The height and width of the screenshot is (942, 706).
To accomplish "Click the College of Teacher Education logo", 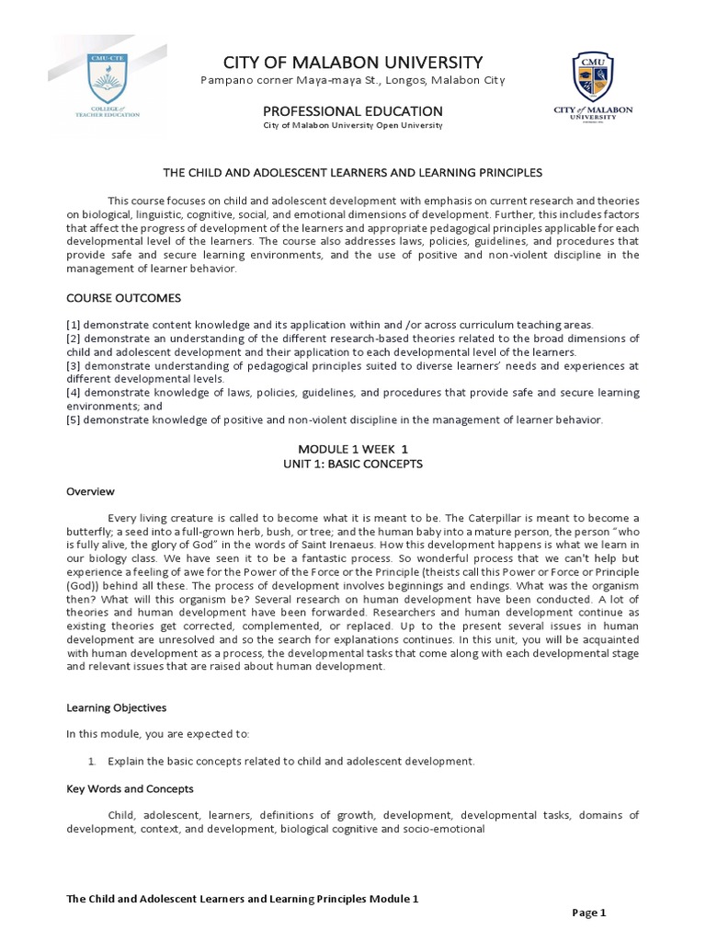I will [108, 84].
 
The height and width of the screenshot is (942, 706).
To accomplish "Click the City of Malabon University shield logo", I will [593, 83].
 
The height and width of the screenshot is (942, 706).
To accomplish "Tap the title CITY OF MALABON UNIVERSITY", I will [352, 63].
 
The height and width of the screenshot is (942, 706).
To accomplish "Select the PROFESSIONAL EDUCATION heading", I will [353, 111].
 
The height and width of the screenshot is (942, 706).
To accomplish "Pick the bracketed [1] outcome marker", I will [74, 325].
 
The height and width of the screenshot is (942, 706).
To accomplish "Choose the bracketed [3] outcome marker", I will [74, 365].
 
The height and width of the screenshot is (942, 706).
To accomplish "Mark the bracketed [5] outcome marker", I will [74, 419].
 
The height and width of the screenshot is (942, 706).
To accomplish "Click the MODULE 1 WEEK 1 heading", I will [352, 448].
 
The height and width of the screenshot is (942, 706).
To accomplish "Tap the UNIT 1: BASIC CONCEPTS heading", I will [352, 464].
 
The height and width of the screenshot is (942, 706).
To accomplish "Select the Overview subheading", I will [90, 491].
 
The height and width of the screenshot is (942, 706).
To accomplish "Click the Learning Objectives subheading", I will [116, 707].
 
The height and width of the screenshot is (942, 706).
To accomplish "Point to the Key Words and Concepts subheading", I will [130, 788].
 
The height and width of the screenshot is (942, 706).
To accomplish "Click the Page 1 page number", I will [588, 913].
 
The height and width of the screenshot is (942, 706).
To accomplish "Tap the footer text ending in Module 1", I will [243, 897].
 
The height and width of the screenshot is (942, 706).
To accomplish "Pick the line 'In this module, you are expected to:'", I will [156, 734].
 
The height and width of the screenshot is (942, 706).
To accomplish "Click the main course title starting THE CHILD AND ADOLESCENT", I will [352, 172].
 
